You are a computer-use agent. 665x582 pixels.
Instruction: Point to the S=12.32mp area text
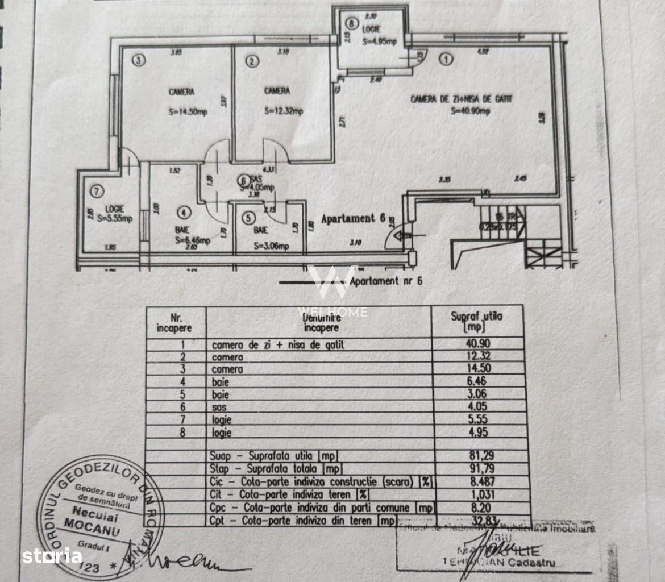click(283, 111)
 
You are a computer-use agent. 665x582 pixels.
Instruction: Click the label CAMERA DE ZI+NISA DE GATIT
click(461, 99)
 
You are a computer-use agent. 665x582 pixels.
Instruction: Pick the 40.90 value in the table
click(478, 344)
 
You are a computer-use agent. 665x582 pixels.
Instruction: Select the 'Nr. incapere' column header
click(175, 323)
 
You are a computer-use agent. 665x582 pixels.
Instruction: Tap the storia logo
click(52, 555)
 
